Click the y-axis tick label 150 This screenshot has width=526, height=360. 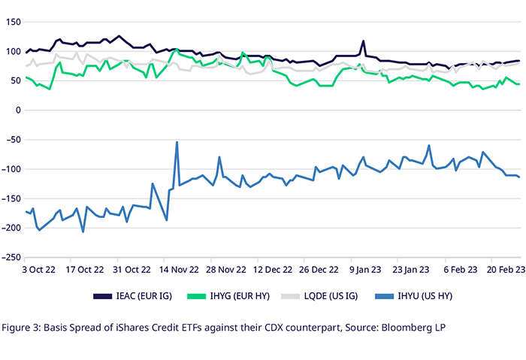tap(12, 22)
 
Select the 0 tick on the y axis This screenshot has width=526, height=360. tap(17, 110)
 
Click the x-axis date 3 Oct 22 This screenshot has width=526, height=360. tap(38, 268)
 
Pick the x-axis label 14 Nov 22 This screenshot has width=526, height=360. tap(179, 268)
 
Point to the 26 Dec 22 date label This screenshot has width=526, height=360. tap(319, 268)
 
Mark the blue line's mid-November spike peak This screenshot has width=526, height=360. tap(177, 142)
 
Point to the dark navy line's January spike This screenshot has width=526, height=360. tap(363, 41)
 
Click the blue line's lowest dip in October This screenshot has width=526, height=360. tap(83, 231)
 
